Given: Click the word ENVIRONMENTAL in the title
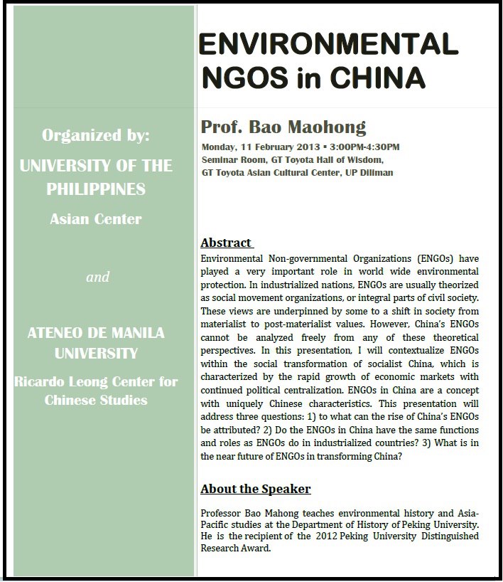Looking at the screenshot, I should click(x=328, y=45).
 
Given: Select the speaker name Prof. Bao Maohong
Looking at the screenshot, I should click(x=283, y=128).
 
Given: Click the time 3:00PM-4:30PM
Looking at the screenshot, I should click(x=366, y=147).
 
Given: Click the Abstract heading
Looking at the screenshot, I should click(x=226, y=242).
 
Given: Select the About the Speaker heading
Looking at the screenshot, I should click(x=255, y=489).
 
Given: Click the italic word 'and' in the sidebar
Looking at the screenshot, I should click(x=97, y=277).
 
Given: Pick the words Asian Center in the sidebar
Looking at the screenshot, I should click(x=96, y=219).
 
